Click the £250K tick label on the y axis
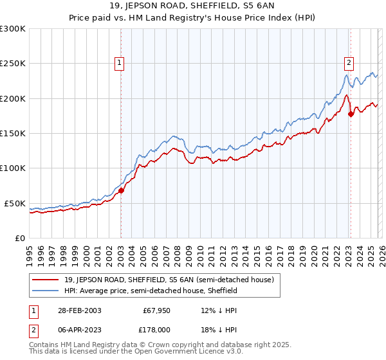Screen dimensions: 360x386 coord(13,64)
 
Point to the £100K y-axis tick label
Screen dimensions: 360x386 coord(13,168)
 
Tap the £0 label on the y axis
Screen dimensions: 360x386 coord(19,238)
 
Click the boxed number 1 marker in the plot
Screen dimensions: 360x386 coord(120,62)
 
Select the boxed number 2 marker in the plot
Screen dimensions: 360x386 coord(348,62)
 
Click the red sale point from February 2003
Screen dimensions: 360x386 coord(121,190)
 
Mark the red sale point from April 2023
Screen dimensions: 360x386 coord(351,114)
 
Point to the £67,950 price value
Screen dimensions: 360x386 coord(157,310)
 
